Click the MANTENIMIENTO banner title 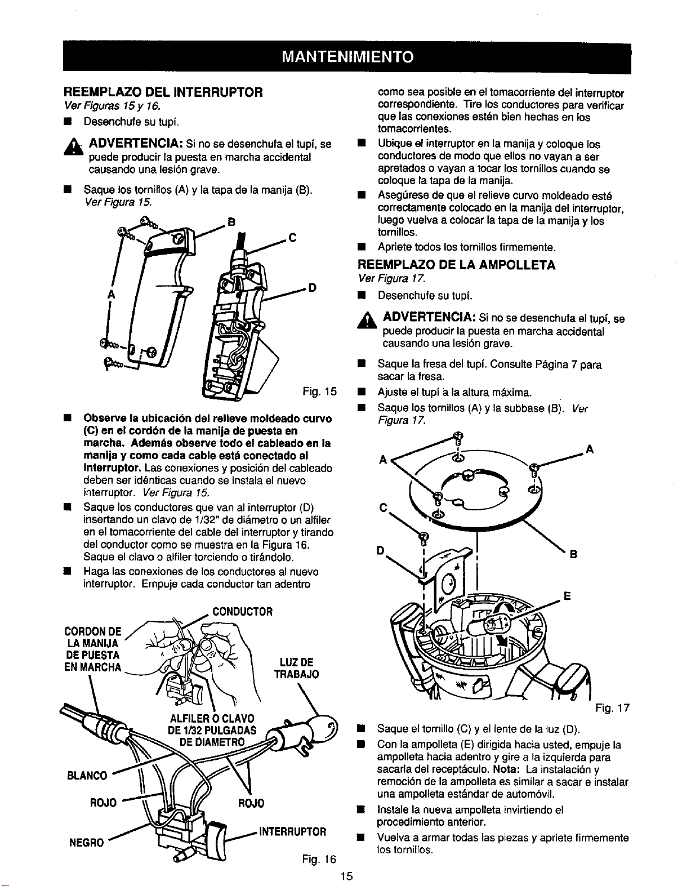(347, 57)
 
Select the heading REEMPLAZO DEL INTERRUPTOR (163, 92)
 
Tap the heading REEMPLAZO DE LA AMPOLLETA (457, 265)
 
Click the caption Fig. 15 (319, 392)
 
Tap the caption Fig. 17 (613, 708)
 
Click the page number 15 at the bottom (347, 876)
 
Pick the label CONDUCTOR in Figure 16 (243, 612)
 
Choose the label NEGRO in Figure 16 (87, 843)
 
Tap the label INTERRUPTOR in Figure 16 (293, 831)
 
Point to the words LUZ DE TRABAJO (296, 668)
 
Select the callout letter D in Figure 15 (312, 288)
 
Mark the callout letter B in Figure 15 (231, 222)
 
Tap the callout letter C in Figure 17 (383, 507)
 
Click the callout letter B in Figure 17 (573, 555)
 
